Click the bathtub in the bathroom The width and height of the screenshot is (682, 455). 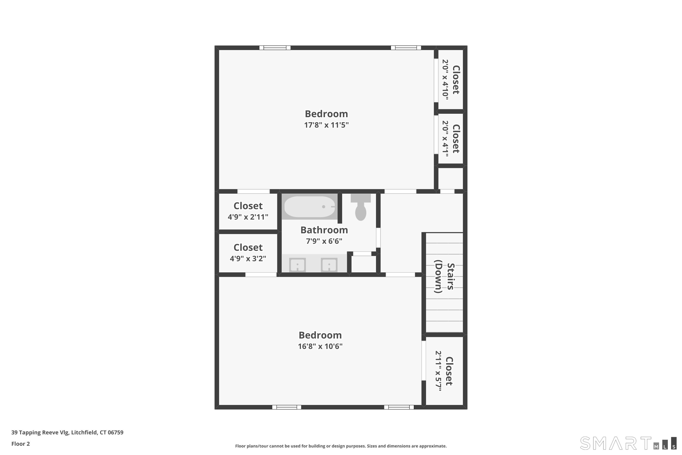click(x=310, y=207)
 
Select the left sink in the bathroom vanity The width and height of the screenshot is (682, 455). click(x=298, y=265)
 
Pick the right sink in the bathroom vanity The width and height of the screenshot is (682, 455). click(x=329, y=265)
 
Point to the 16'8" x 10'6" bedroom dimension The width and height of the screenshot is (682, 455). click(x=320, y=346)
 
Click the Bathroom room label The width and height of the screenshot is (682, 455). click(x=324, y=230)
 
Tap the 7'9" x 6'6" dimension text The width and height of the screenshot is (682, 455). click(x=324, y=241)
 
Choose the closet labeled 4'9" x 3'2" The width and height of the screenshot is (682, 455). click(x=248, y=253)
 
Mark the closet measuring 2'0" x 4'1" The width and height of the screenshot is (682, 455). click(x=450, y=139)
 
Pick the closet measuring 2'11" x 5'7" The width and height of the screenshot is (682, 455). click(x=444, y=371)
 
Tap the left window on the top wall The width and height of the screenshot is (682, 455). click(x=275, y=48)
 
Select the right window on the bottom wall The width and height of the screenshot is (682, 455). click(x=399, y=407)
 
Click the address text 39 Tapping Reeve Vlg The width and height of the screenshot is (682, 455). click(x=40, y=433)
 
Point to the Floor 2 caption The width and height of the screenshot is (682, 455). click(x=21, y=444)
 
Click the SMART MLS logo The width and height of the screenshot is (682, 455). click(x=628, y=443)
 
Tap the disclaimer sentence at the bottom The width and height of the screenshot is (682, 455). click(x=341, y=446)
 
